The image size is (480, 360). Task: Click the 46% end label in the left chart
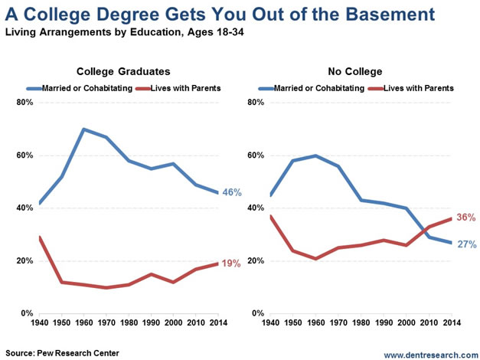pos(231,192)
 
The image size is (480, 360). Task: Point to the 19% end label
pos(231,263)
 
